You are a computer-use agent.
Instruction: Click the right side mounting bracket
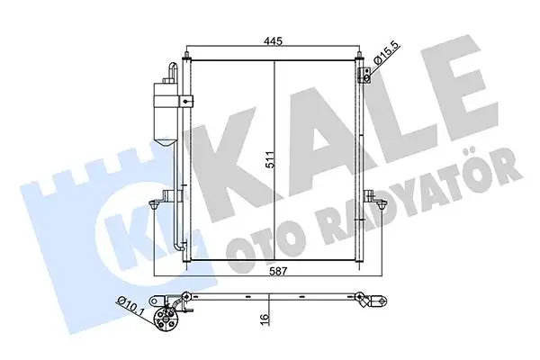369,195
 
